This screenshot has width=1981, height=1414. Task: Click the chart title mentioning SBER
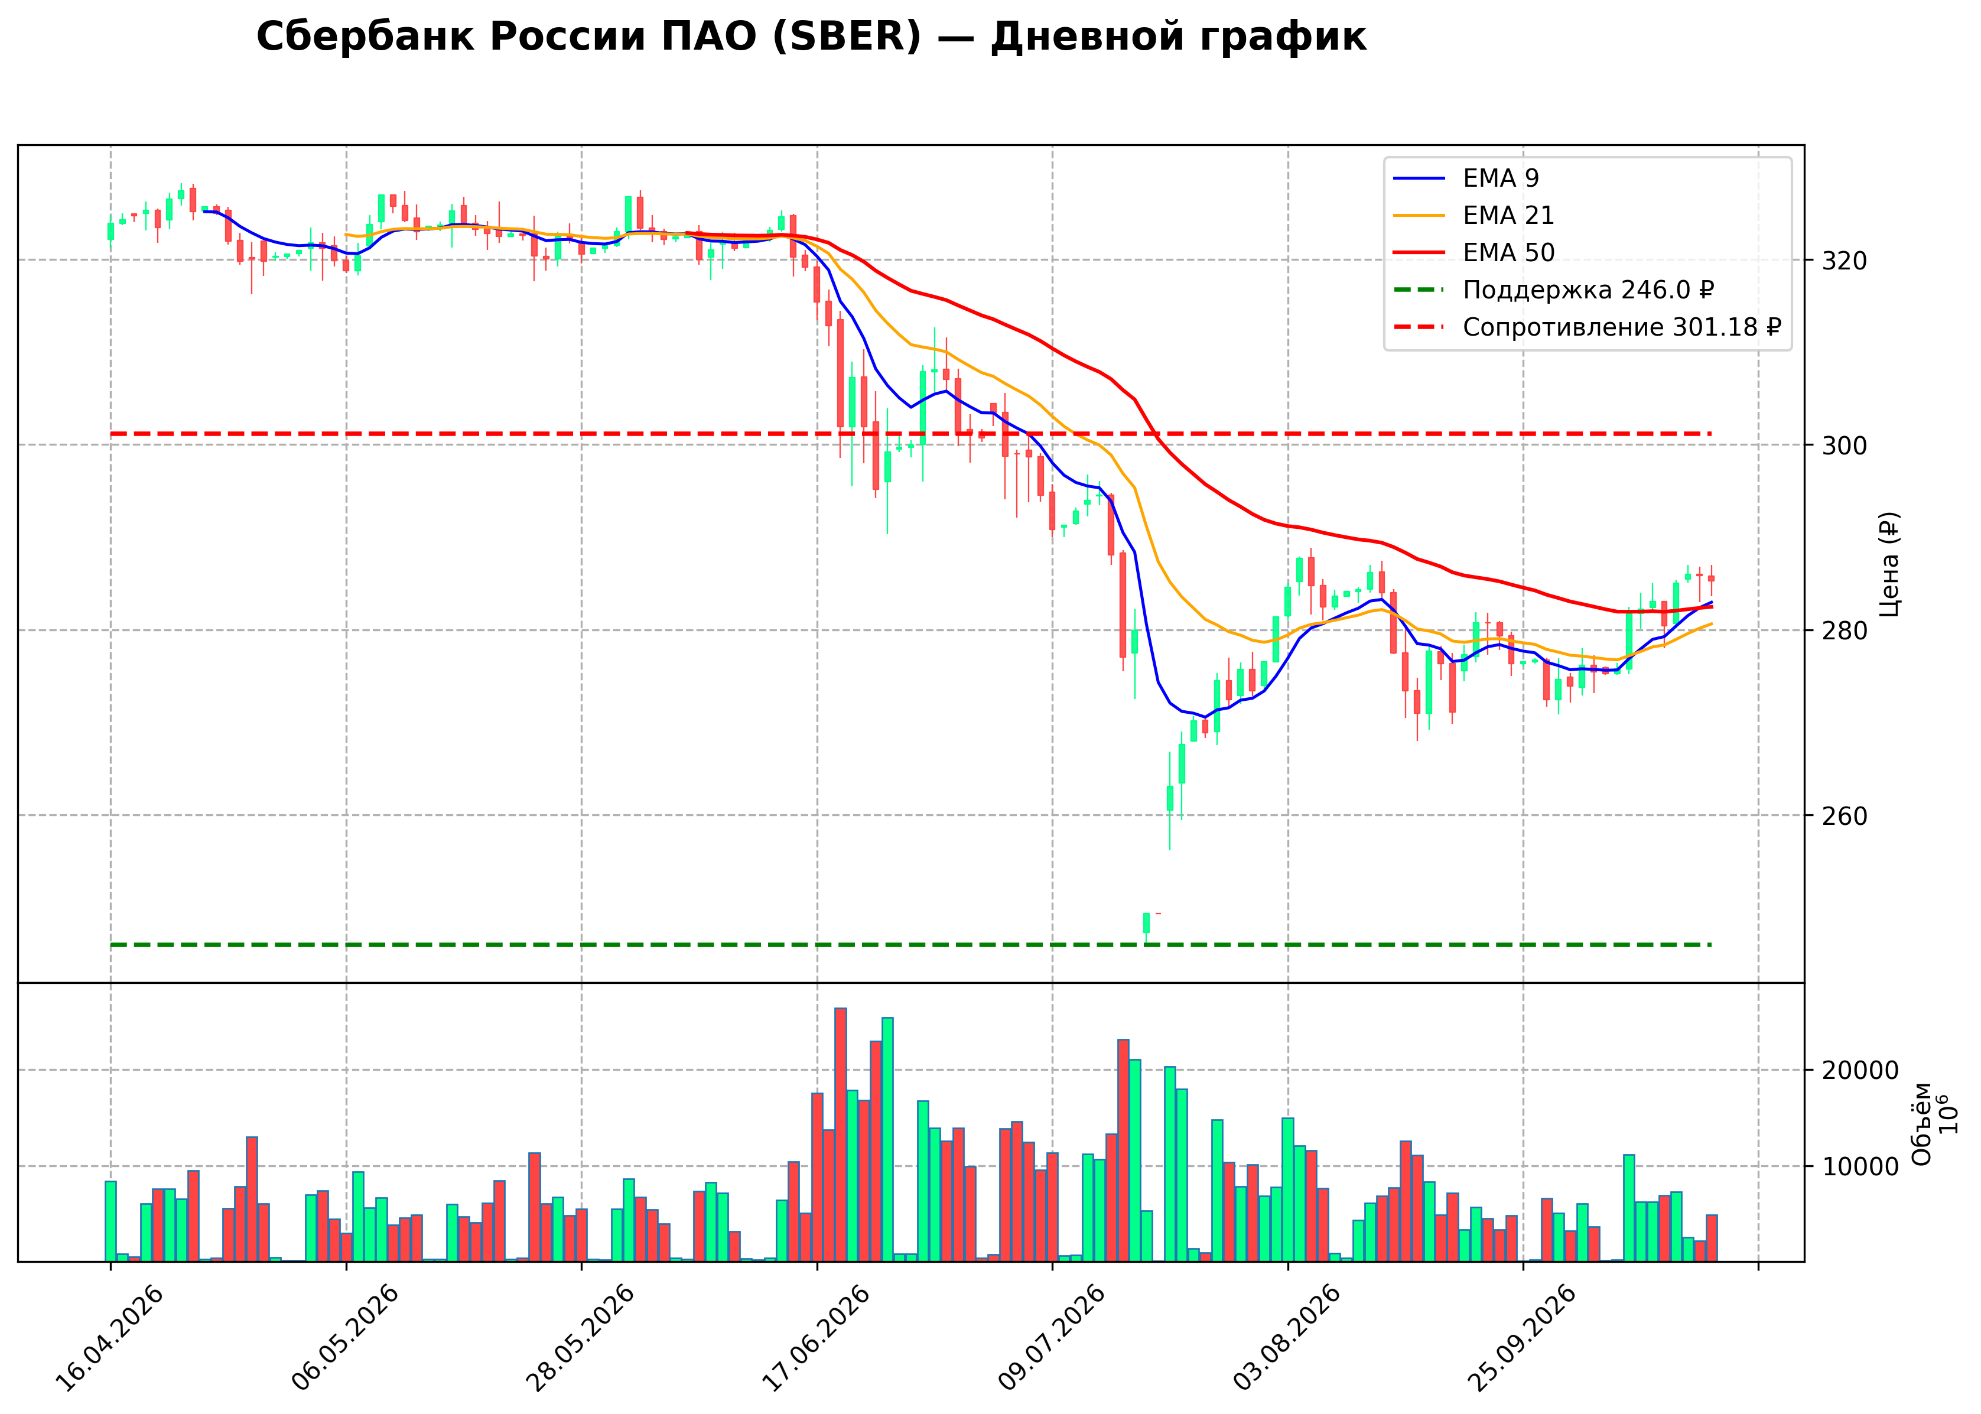pyautogui.click(x=811, y=37)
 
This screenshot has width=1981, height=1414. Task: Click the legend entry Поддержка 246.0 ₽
pyautogui.click(x=1554, y=290)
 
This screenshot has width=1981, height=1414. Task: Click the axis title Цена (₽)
pyautogui.click(x=1889, y=564)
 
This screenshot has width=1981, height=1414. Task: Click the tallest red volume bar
pyautogui.click(x=841, y=1135)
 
